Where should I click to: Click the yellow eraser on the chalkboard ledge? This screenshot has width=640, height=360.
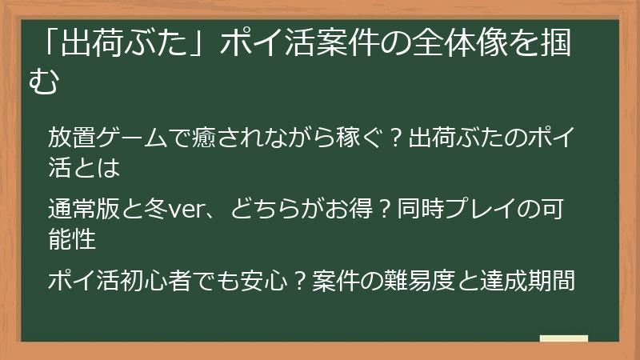563,338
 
